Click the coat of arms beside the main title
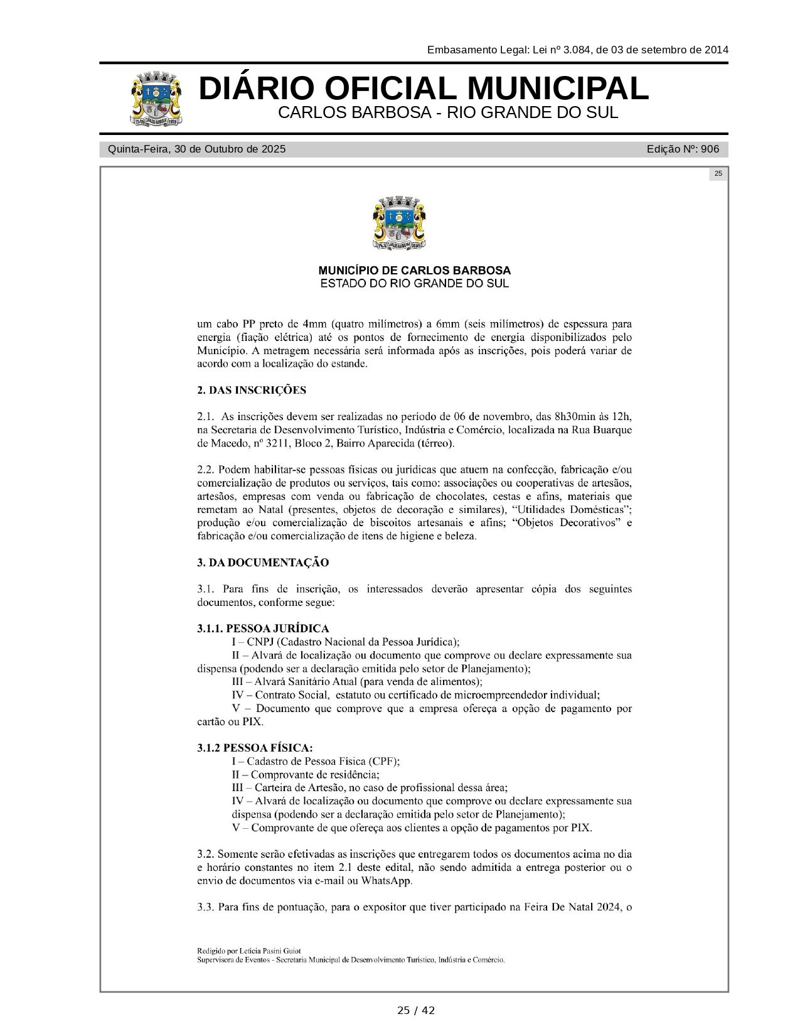pyautogui.click(x=157, y=99)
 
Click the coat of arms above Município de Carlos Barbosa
pyautogui.click(x=399, y=224)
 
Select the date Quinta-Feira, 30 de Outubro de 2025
pyautogui.click(x=196, y=149)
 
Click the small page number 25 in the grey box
pyautogui.click(x=718, y=174)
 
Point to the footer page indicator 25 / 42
pyautogui.click(x=415, y=1010)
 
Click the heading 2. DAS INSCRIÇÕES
pyautogui.click(x=252, y=391)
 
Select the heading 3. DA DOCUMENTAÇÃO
pyautogui.click(x=263, y=563)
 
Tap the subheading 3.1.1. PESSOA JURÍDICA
pyautogui.click(x=263, y=629)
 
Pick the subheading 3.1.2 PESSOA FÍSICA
pyautogui.click(x=255, y=748)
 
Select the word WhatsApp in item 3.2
pyautogui.click(x=385, y=880)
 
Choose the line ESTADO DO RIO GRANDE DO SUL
pyautogui.click(x=414, y=284)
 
